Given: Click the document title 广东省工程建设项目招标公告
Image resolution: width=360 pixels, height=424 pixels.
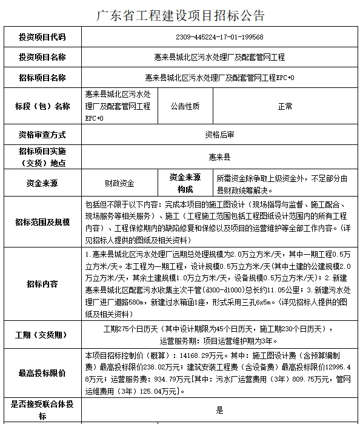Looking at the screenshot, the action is click(180, 15).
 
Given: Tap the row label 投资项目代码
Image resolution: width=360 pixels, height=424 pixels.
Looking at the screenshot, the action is click(42, 37).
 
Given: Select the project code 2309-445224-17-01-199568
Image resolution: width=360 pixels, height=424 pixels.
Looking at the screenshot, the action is click(219, 37).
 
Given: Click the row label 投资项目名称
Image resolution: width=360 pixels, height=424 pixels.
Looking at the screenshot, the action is click(42, 57).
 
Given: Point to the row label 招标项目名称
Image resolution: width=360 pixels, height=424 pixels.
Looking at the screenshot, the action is click(42, 78).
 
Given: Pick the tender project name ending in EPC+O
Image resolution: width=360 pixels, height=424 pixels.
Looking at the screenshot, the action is click(219, 78).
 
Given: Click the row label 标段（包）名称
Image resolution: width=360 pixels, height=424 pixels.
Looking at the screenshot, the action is click(42, 106).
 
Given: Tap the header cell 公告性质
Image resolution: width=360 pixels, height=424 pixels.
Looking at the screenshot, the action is click(184, 106).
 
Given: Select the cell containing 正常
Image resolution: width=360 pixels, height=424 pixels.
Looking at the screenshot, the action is click(285, 106).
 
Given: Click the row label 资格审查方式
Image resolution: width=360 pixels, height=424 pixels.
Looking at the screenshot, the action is click(42, 134).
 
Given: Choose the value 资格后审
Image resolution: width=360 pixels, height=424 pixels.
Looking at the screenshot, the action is click(219, 134).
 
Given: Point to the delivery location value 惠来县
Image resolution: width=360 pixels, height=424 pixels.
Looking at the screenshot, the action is click(219, 156).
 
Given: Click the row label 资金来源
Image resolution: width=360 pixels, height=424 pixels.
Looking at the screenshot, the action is click(42, 183).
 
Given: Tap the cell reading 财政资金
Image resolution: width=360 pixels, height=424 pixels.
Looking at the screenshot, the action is click(119, 183).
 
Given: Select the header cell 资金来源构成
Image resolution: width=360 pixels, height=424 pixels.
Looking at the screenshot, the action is click(184, 183).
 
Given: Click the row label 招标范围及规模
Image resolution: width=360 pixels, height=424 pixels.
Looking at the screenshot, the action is click(42, 222).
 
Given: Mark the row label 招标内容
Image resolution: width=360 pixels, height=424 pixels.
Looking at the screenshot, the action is click(42, 283).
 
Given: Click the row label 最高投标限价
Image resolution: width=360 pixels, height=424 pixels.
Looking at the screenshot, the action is click(42, 374).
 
